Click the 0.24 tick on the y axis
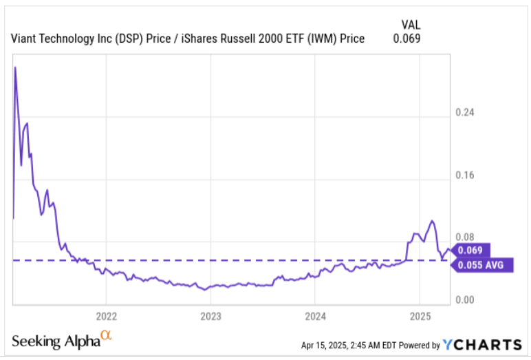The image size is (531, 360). click(x=465, y=113)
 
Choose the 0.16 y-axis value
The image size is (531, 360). click(x=465, y=175)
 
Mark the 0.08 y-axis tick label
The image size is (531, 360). click(x=465, y=237)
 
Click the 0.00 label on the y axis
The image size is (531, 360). click(x=465, y=299)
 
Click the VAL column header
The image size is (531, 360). click(x=407, y=25)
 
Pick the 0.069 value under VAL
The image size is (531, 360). click(x=407, y=39)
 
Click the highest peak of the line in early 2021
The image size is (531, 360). click(x=15, y=67)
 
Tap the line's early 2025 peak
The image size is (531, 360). click(x=431, y=221)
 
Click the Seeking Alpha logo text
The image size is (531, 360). click(x=55, y=340)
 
